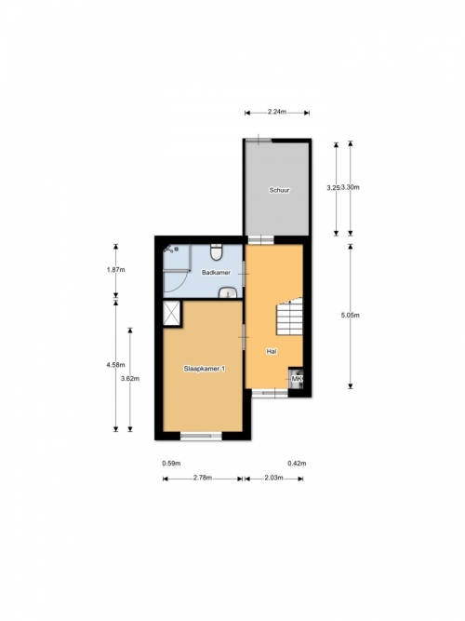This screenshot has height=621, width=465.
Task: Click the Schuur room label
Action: tap(279, 190)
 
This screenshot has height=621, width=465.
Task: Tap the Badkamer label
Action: tap(216, 273)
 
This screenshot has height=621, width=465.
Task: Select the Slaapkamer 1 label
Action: tap(205, 369)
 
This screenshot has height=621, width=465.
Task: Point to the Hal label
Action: tap(272, 351)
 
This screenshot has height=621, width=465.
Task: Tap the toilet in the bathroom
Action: tap(216, 252)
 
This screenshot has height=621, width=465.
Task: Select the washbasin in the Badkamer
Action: tap(228, 292)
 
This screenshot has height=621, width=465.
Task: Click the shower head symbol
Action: tap(171, 250)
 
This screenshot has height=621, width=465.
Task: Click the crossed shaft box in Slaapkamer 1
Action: tap(172, 313)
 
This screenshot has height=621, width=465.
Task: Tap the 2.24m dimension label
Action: tap(277, 112)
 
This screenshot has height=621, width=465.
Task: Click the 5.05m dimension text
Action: tap(351, 316)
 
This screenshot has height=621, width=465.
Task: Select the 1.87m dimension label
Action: tap(115, 270)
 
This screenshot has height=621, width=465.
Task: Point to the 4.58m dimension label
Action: tap(115, 365)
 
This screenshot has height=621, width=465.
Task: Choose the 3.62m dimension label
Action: tap(130, 378)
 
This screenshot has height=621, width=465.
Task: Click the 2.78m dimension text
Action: tap(203, 478)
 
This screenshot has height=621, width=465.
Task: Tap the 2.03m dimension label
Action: tap(273, 478)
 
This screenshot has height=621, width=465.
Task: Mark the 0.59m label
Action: tap(172, 463)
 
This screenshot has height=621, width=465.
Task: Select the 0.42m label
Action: tap(297, 463)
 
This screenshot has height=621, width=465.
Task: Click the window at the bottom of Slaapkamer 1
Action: tap(201, 436)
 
